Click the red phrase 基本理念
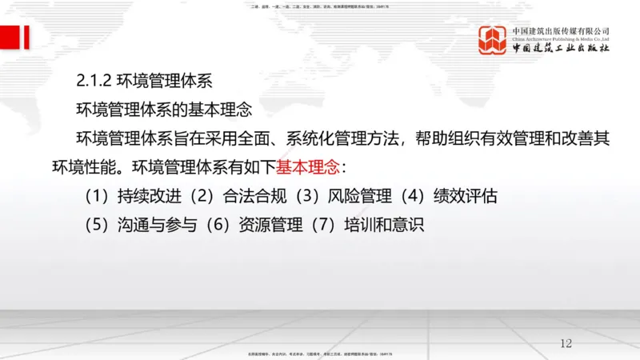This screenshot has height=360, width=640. coord(308,168)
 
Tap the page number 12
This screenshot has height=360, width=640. coord(566,343)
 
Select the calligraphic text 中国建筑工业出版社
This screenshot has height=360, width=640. coord(561,48)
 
